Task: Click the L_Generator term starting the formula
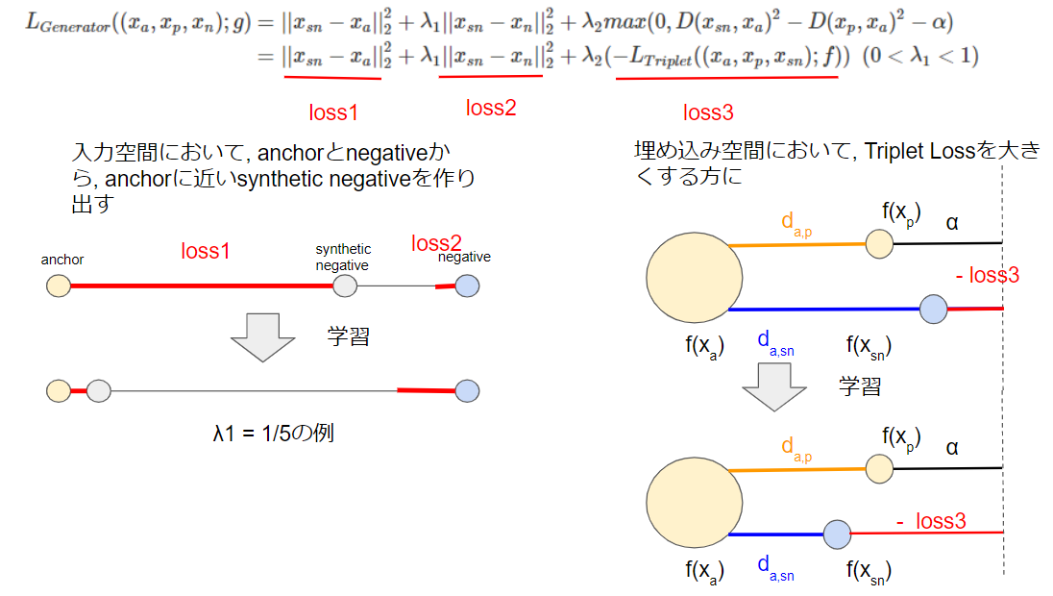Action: pyautogui.click(x=68, y=22)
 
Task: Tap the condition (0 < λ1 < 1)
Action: pyautogui.click(x=919, y=57)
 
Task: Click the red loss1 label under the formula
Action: pyautogui.click(x=333, y=112)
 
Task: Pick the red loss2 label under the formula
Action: pyautogui.click(x=491, y=108)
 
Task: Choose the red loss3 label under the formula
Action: pyautogui.click(x=708, y=112)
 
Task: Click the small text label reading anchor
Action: pyautogui.click(x=62, y=260)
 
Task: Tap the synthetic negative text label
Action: pyautogui.click(x=343, y=257)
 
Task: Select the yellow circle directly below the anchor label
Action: pyautogui.click(x=59, y=286)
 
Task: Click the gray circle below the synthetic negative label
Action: pyautogui.click(x=345, y=286)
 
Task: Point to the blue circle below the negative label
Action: pyautogui.click(x=467, y=286)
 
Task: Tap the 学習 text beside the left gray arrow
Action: pyautogui.click(x=348, y=337)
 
